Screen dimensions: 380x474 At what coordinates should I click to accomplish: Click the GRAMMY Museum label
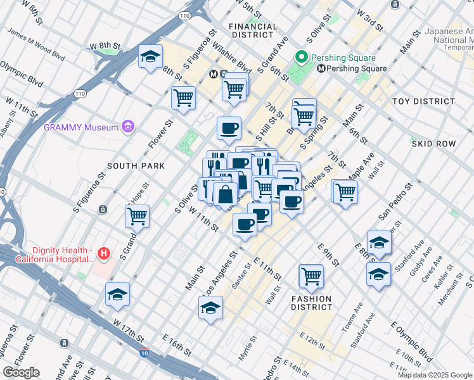pyautogui.click(x=81, y=127)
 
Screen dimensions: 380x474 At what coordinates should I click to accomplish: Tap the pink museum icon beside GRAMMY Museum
pyautogui.click(x=129, y=127)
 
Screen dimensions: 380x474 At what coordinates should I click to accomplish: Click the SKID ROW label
pyautogui.click(x=434, y=144)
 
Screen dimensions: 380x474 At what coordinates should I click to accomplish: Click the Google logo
pyautogui.click(x=21, y=372)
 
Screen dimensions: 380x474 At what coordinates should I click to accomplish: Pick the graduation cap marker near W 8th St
pyautogui.click(x=150, y=58)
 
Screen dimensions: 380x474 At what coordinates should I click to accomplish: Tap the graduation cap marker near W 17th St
pyautogui.click(x=118, y=294)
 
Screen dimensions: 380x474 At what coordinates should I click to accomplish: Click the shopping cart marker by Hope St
pyautogui.click(x=137, y=216)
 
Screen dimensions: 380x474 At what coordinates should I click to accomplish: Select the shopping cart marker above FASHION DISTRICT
pyautogui.click(x=311, y=275)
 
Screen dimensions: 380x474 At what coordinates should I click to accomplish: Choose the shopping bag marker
pyautogui.click(x=225, y=194)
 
